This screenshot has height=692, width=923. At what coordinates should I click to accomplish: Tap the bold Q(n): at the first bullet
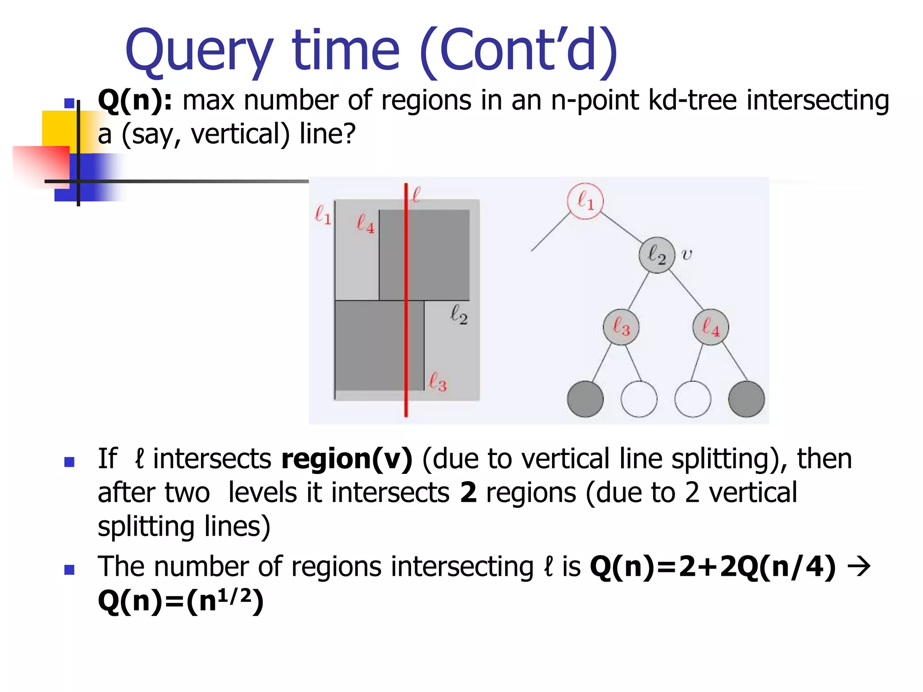(x=135, y=100)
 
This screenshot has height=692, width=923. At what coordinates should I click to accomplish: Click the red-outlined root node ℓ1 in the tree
(x=585, y=201)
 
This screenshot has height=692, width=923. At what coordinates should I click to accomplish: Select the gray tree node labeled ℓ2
(x=657, y=255)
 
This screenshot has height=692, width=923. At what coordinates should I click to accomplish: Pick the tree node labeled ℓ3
(x=621, y=327)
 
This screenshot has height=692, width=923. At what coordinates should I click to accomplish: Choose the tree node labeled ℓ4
(x=711, y=327)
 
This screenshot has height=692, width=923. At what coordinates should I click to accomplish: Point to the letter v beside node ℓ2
(x=686, y=255)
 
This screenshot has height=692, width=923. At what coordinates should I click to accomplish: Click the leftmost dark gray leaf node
(x=585, y=399)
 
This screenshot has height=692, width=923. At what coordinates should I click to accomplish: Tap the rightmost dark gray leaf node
(x=746, y=399)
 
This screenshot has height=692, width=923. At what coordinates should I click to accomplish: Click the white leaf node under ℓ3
(x=639, y=399)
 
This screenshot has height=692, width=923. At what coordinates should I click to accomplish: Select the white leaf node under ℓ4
(x=693, y=399)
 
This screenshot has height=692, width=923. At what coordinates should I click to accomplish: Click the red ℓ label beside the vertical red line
(x=416, y=195)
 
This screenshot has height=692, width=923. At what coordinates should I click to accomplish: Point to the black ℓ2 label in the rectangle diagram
(x=459, y=314)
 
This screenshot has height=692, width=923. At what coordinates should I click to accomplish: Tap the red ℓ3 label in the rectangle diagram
(x=437, y=382)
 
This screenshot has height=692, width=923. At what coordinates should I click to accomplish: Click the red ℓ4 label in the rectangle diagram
(x=365, y=223)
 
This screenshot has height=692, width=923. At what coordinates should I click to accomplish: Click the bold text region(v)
(x=347, y=459)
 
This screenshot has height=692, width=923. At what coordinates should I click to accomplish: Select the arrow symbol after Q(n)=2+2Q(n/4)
(x=859, y=566)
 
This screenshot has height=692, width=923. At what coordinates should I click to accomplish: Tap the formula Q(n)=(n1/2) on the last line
(x=180, y=601)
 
